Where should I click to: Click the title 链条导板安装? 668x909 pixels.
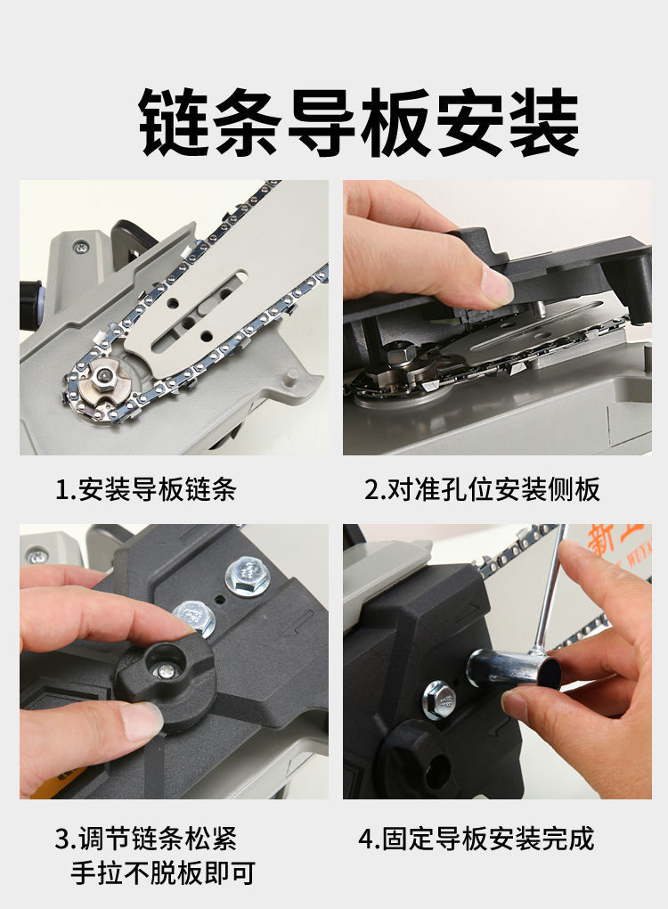359,122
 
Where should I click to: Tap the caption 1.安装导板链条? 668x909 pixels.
146,489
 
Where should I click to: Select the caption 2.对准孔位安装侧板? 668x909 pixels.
482,489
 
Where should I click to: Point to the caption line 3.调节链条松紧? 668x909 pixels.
146,839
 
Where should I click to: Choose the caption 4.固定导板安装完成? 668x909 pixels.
477,839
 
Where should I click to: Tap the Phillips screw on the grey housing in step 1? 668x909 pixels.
82,248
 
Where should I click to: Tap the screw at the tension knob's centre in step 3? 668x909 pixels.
166,671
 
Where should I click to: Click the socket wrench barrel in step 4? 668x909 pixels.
515,667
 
